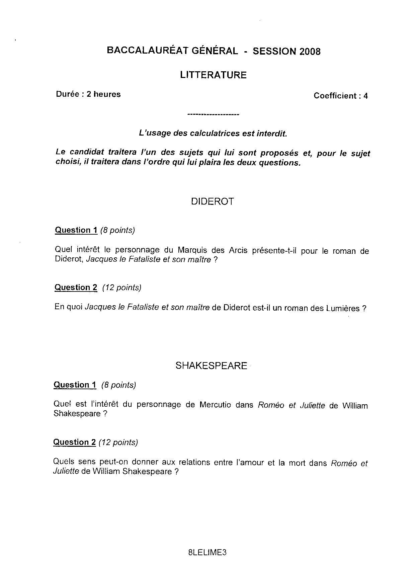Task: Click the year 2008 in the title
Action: tap(310, 52)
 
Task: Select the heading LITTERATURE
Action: tap(213, 75)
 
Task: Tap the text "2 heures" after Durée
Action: tap(103, 94)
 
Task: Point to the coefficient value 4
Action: tap(365, 96)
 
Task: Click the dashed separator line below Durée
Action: tap(213, 115)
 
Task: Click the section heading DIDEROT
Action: tap(212, 201)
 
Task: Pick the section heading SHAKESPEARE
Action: tap(211, 365)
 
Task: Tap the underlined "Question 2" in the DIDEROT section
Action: tap(76, 287)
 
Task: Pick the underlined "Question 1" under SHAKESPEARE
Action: tap(75, 385)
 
